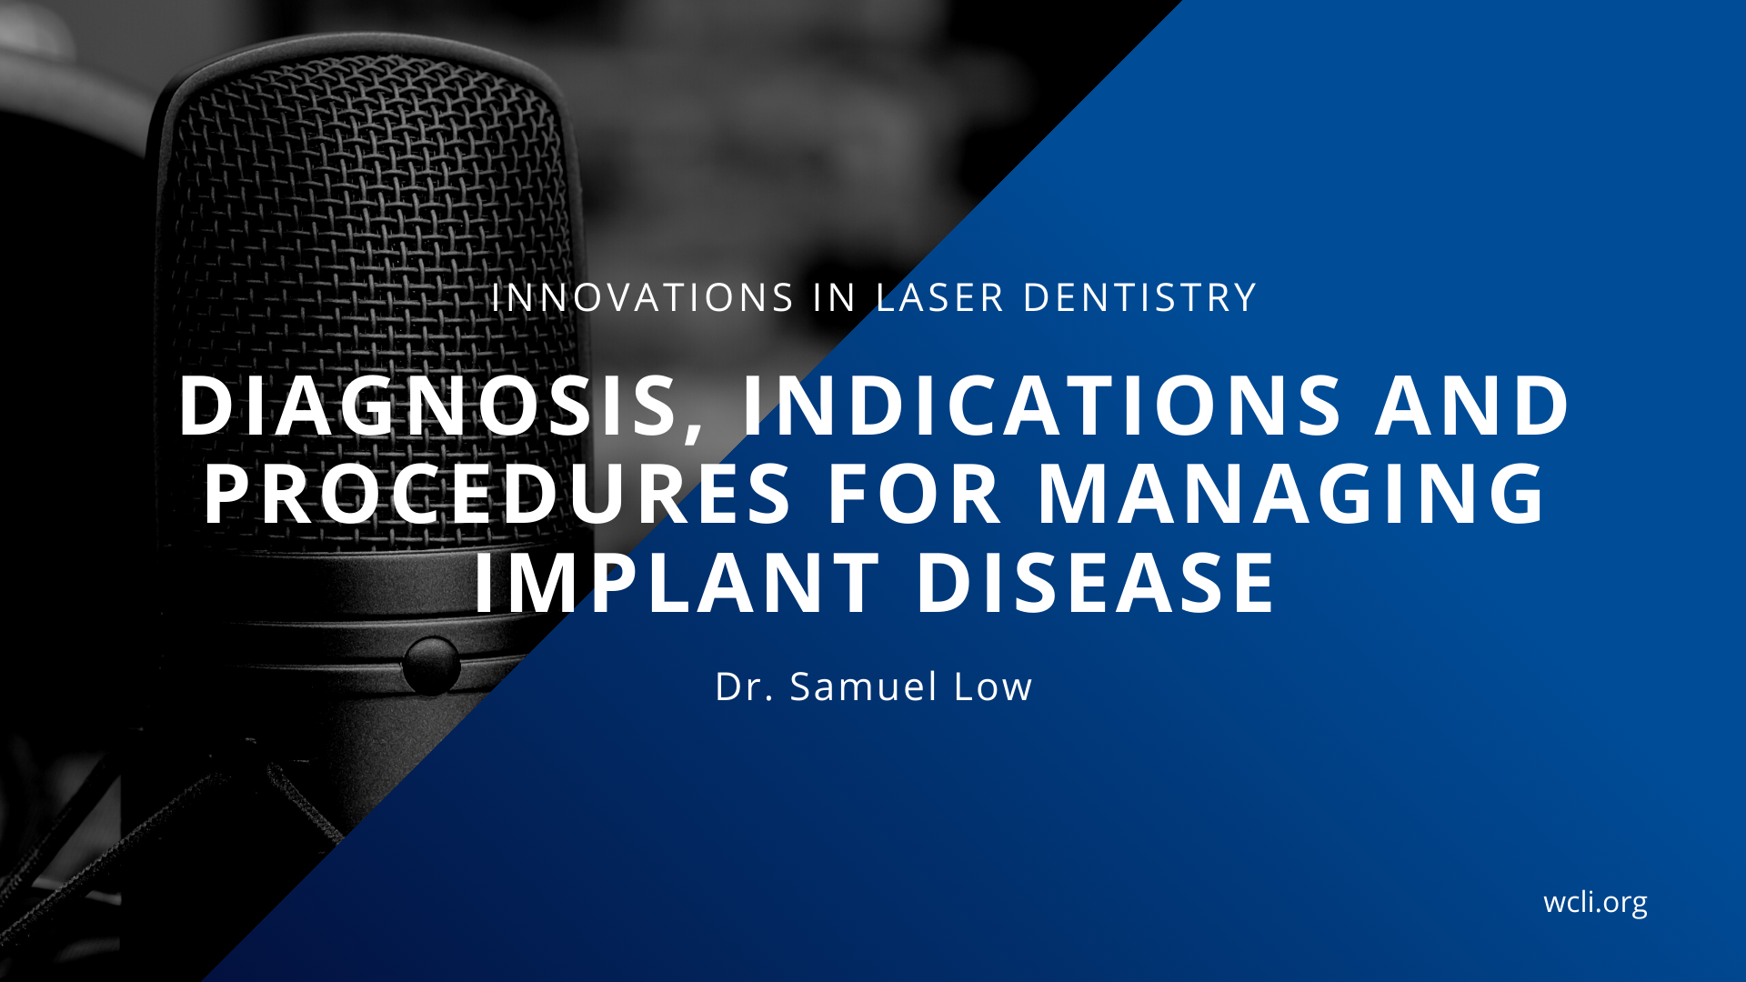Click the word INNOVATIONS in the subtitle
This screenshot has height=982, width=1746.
(643, 298)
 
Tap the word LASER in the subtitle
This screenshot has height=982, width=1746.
(940, 298)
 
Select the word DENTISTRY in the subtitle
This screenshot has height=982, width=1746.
(1140, 298)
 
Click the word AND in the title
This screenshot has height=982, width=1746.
(1473, 406)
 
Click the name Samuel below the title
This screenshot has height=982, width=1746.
(864, 687)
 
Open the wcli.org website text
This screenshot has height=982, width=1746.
(1595, 903)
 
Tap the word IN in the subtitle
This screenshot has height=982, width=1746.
(835, 298)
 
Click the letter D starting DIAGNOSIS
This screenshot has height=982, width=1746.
(206, 406)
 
